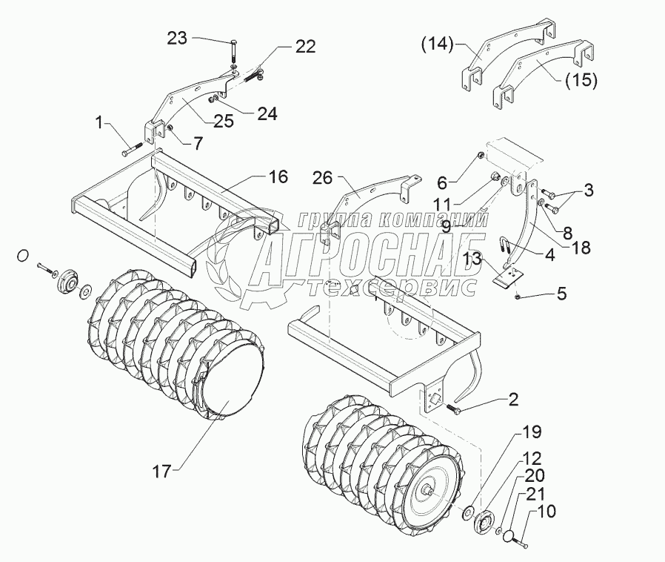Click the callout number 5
point(561,293)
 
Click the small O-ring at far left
point(23,256)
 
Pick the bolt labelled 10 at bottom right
point(522,546)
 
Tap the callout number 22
point(305,47)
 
